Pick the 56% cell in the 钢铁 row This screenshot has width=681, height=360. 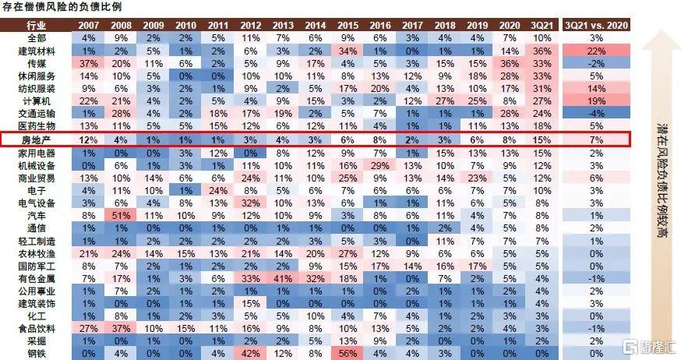(348, 353)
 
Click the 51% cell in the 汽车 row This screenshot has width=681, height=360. (121, 214)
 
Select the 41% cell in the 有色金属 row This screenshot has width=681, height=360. (283, 277)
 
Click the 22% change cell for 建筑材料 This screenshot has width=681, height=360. (597, 51)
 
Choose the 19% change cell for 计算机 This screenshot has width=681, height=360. (597, 101)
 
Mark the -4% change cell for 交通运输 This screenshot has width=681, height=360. (597, 113)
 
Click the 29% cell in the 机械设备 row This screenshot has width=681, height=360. (380, 164)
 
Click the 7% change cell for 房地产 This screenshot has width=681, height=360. (597, 139)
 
